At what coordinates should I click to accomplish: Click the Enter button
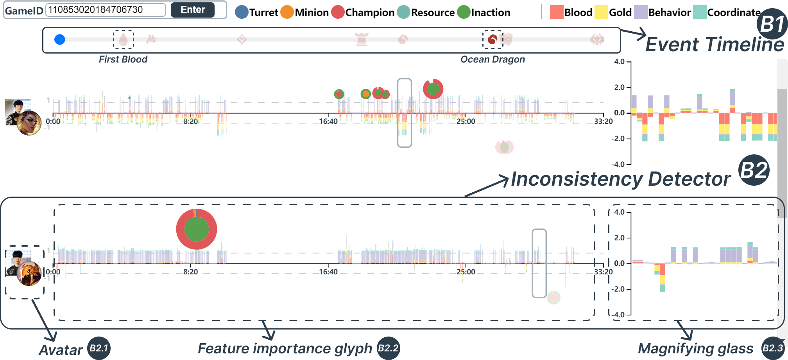pyautogui.click(x=192, y=10)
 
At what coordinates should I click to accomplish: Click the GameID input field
pyautogui.click(x=106, y=10)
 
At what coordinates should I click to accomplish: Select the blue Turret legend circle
pyautogui.click(x=242, y=12)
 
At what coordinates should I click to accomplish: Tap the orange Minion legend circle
pyautogui.click(x=287, y=12)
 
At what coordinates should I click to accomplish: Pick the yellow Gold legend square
pyautogui.click(x=601, y=12)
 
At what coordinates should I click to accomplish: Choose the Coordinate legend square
pyautogui.click(x=699, y=12)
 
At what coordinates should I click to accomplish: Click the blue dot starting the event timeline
pyautogui.click(x=60, y=39)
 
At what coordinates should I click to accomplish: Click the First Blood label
pyautogui.click(x=123, y=59)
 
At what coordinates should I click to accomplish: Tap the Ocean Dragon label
pyautogui.click(x=492, y=59)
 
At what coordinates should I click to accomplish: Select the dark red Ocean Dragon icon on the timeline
pyautogui.click(x=492, y=39)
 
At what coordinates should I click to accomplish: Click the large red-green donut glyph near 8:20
pyautogui.click(x=197, y=229)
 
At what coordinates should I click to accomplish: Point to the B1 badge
pyautogui.click(x=772, y=24)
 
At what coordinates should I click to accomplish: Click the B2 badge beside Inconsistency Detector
pyautogui.click(x=754, y=170)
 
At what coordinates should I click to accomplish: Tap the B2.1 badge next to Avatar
pyautogui.click(x=98, y=348)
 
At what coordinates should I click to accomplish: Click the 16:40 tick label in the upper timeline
pyautogui.click(x=328, y=122)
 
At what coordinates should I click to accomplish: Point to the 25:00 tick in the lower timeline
pyautogui.click(x=466, y=272)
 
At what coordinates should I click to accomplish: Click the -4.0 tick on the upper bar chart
pyautogui.click(x=619, y=164)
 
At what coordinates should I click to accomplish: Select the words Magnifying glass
pyautogui.click(x=695, y=348)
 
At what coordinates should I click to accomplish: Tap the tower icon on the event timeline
pyautogui.click(x=362, y=39)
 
